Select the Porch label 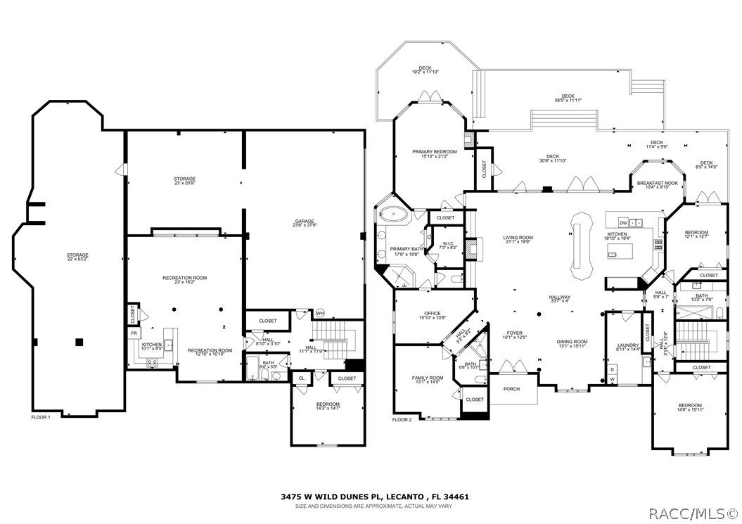point(511,390)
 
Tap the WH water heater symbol point(319,313)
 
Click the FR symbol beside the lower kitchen point(133,332)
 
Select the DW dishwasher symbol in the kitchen point(622,223)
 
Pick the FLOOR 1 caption point(42,417)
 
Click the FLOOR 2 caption point(402,419)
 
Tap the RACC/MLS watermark point(693,513)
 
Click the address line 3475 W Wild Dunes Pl point(373,496)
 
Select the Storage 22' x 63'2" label point(77,257)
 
